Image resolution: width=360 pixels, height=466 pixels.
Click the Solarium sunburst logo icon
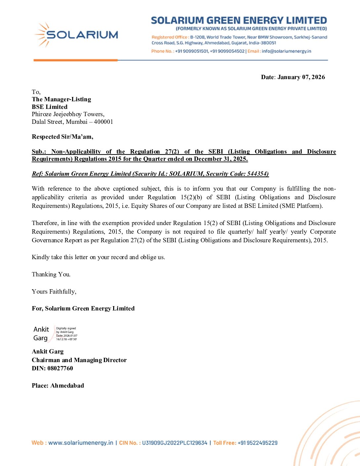tap(42, 34)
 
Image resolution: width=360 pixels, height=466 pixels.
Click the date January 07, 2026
tap(301, 77)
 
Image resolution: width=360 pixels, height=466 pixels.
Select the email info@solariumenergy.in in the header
tap(286, 51)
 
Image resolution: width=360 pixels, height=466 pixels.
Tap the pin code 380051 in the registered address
tap(268, 43)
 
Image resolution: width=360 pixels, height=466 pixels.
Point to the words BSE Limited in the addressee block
tap(50, 107)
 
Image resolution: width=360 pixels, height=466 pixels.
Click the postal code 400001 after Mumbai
tap(103, 122)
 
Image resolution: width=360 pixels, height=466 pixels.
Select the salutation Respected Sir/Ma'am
tap(63, 137)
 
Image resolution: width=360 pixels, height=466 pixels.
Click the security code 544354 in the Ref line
tap(257, 174)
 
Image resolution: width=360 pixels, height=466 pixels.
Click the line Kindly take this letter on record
tap(98, 257)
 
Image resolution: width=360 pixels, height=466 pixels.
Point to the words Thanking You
tap(51, 274)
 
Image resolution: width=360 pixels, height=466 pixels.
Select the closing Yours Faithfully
tap(54, 292)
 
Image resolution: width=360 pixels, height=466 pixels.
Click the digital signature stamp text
tap(67, 334)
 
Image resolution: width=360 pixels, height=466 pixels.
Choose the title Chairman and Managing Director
tap(79, 360)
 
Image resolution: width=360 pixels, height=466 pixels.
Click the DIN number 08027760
tap(60, 368)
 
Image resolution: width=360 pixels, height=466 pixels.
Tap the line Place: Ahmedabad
tap(58, 386)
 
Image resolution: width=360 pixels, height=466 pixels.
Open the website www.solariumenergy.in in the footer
tap(81, 443)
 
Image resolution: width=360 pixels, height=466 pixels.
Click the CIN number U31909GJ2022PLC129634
tap(174, 443)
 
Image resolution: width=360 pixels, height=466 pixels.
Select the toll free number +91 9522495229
tap(257, 443)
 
